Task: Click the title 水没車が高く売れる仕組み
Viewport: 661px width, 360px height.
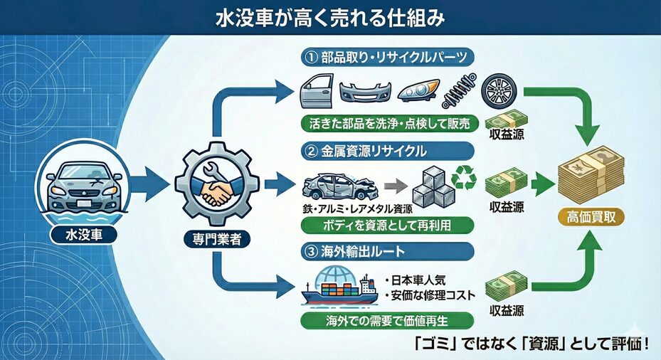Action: click(x=330, y=18)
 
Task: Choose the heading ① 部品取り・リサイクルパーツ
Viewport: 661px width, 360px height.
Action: click(x=384, y=56)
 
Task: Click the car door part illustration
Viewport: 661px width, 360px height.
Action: click(x=313, y=90)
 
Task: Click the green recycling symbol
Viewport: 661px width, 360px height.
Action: click(x=466, y=178)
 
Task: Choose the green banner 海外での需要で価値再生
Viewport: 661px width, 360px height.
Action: click(x=386, y=320)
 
